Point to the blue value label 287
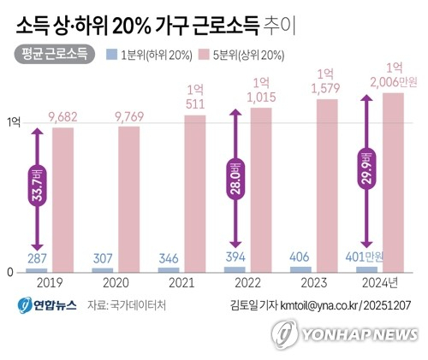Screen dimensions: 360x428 (x=36, y=257)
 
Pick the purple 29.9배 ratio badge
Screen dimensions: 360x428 (x=366, y=171)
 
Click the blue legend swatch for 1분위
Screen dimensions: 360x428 (x=112, y=55)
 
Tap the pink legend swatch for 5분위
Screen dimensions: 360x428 (x=204, y=55)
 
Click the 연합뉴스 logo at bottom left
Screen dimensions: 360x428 (x=44, y=305)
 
